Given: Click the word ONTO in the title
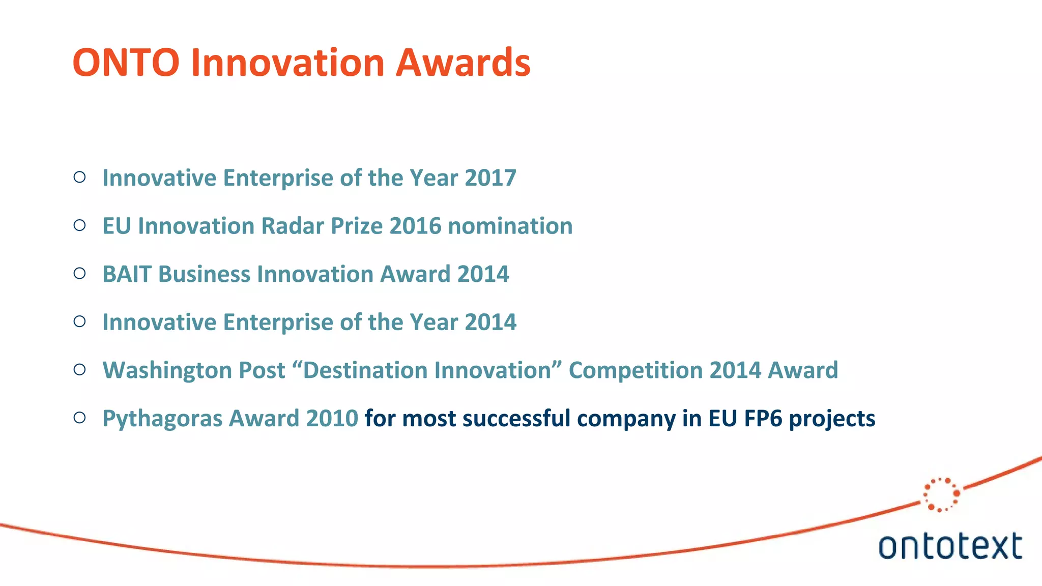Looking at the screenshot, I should pos(126,63).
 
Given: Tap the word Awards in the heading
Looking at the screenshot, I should pos(463,63).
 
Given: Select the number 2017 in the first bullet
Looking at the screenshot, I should pos(490,178).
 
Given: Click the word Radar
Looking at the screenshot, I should pos(292,226).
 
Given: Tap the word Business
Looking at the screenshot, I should pos(205,274).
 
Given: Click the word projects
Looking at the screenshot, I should pos(832,419).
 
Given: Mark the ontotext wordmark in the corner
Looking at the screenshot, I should pos(950,546).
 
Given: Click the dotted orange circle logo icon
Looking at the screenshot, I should pos(941,494).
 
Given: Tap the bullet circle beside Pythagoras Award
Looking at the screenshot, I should pos(79,418).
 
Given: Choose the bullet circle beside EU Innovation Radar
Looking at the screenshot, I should pos(79,225).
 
